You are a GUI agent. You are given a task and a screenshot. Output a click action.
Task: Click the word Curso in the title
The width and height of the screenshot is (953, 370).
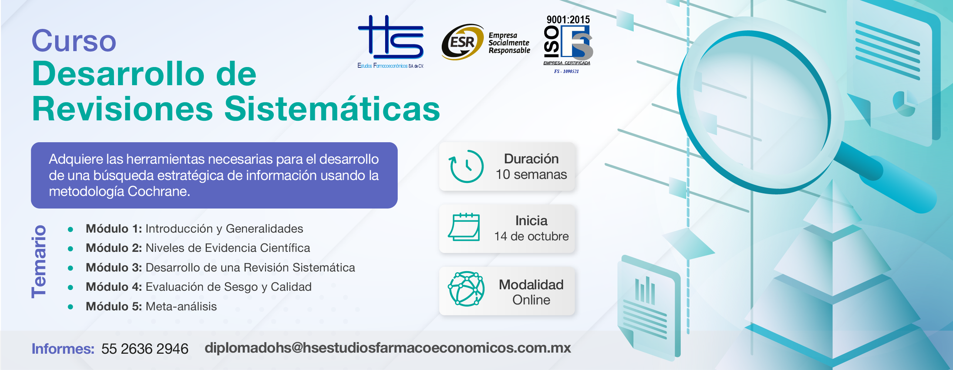pyautogui.click(x=74, y=41)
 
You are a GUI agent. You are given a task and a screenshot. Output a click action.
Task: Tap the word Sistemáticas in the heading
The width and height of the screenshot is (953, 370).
pyautogui.click(x=332, y=109)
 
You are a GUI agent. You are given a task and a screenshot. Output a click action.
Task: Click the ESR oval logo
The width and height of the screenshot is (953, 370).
pyautogui.click(x=462, y=42)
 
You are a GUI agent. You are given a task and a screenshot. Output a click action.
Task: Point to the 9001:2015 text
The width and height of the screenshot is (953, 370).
pyautogui.click(x=568, y=19)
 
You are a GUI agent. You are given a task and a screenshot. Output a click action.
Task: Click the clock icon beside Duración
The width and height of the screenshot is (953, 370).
pyautogui.click(x=466, y=166)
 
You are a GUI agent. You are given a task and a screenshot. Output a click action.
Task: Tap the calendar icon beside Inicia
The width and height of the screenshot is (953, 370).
pyautogui.click(x=464, y=227)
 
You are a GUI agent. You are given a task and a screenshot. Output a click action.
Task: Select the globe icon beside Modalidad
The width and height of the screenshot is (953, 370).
pyautogui.click(x=466, y=289)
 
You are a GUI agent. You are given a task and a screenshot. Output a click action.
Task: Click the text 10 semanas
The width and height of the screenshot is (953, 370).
pyautogui.click(x=531, y=174)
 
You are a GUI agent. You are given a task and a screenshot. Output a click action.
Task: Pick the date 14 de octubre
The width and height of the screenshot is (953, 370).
pyautogui.click(x=532, y=236)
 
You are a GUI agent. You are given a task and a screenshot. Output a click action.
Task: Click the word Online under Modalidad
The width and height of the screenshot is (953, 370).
pyautogui.click(x=531, y=300)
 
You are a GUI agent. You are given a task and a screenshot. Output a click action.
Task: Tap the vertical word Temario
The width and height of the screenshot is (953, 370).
pyautogui.click(x=39, y=261)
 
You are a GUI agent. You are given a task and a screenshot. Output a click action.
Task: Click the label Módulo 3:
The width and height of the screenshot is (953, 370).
pyautogui.click(x=114, y=267)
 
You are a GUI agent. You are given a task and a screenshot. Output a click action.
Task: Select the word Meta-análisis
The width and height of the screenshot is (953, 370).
pyautogui.click(x=181, y=306)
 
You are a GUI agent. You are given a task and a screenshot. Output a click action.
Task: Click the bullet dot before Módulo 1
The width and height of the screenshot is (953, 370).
pyautogui.click(x=70, y=230)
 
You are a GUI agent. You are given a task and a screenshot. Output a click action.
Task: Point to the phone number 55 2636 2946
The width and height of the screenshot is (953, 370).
pyautogui.click(x=145, y=349)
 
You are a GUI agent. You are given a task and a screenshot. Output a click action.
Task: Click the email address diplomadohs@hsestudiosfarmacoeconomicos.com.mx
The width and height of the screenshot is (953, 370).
pyautogui.click(x=388, y=348)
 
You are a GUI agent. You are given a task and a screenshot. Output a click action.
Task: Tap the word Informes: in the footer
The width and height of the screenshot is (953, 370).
pyautogui.click(x=63, y=349)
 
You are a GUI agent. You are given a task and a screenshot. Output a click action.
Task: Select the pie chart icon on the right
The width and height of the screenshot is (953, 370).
pyautogui.click(x=904, y=104)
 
